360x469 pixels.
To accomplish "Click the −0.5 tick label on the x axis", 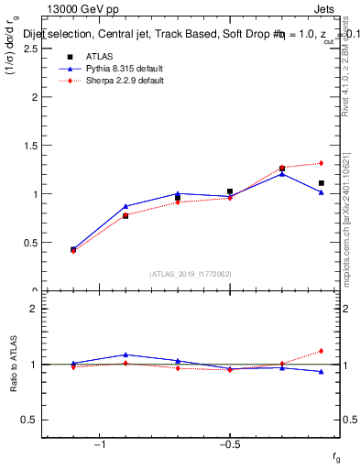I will (x=229, y=443).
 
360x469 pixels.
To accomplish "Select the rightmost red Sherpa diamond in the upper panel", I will (x=322, y=163).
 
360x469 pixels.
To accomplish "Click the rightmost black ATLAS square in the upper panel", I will (x=322, y=183).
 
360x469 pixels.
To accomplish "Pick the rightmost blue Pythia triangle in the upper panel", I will (x=322, y=192).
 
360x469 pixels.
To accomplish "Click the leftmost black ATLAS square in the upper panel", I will (x=73, y=249).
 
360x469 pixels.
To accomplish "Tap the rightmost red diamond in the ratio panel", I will (x=322, y=351).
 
